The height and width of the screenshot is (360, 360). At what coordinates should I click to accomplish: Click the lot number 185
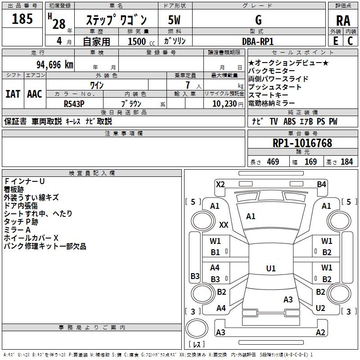[22, 19]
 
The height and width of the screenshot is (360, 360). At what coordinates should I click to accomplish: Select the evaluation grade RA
[343, 20]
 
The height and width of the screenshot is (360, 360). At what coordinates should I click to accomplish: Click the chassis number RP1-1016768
[302, 143]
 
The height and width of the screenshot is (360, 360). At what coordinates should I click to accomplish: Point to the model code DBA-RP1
[258, 41]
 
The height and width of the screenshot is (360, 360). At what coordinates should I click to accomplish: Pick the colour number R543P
[75, 103]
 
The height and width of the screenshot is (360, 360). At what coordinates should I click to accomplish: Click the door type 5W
[175, 20]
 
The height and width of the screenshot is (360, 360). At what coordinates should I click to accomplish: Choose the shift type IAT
[13, 94]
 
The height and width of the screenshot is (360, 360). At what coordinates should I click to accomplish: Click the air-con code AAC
[34, 94]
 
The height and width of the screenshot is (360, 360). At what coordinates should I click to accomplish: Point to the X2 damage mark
[220, 184]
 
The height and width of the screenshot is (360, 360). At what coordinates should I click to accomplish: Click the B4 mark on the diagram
[321, 184]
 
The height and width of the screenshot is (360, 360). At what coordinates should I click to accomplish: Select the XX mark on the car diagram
[224, 224]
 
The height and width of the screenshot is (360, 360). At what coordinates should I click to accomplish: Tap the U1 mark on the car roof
[270, 269]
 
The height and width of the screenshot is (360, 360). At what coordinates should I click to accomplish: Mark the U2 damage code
[320, 308]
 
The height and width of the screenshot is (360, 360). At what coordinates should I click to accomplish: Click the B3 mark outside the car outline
[195, 276]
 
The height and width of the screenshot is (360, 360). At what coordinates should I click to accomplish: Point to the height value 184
[346, 162]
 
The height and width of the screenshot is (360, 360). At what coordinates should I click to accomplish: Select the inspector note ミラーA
[18, 229]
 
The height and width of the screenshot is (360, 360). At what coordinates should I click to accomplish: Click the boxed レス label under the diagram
[197, 345]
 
